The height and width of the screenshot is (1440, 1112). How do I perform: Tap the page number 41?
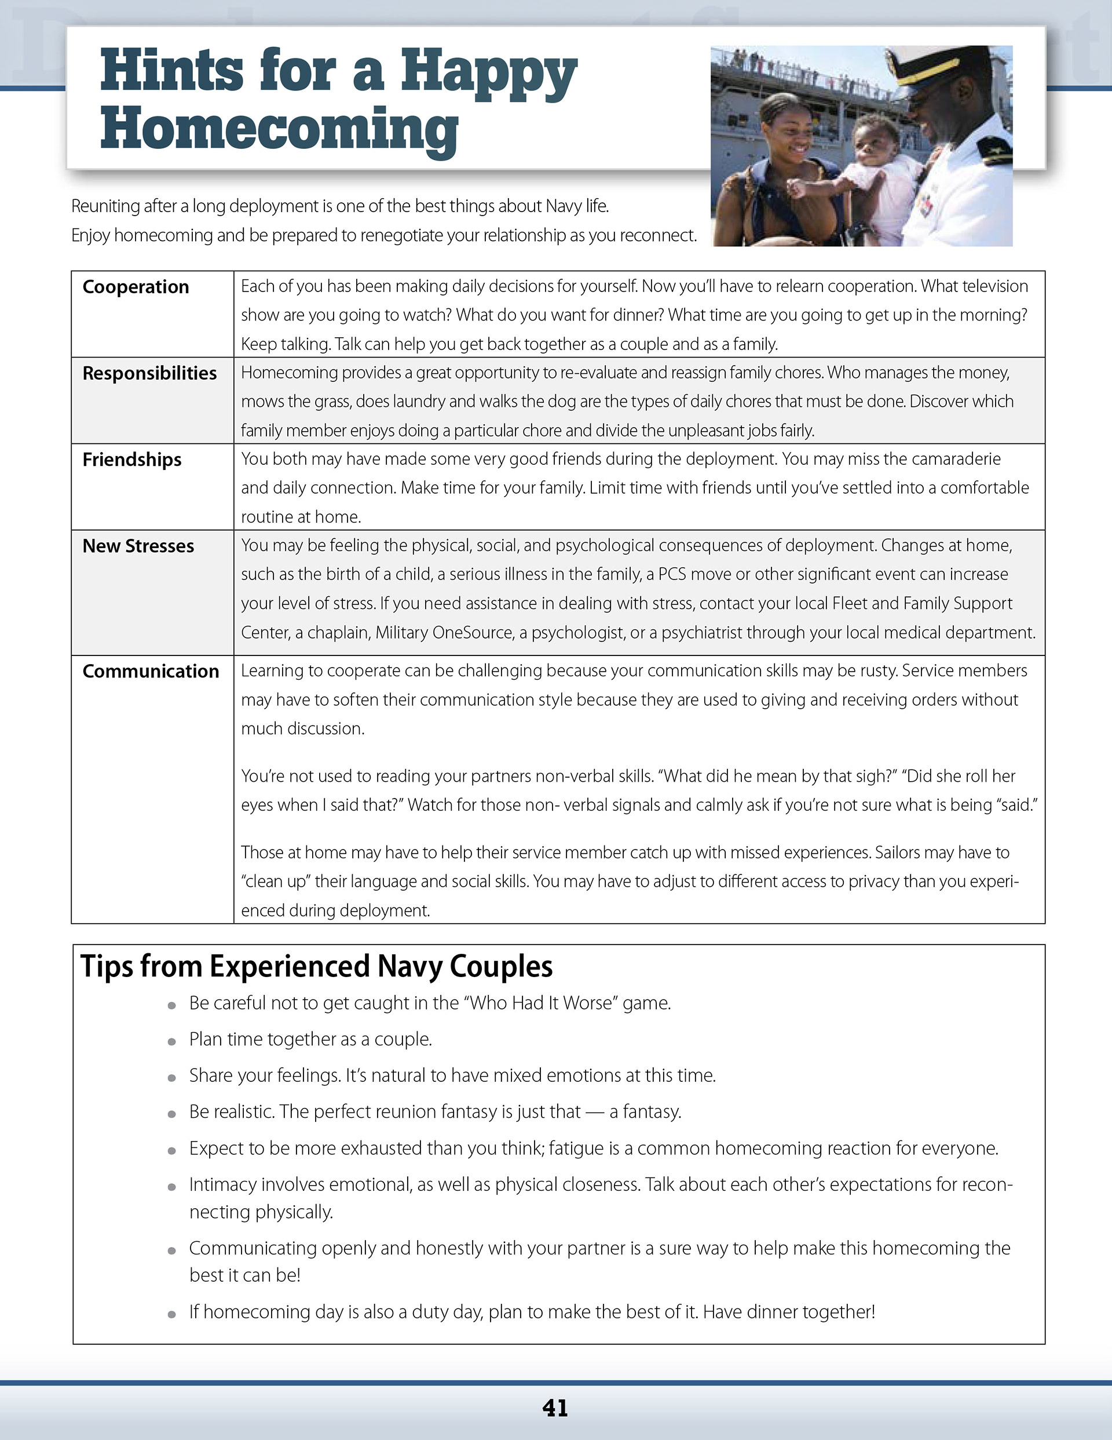(555, 1408)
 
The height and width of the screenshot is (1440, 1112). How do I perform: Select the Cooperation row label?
(136, 287)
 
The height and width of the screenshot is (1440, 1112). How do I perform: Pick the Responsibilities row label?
(149, 373)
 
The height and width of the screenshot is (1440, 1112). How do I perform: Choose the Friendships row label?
(132, 460)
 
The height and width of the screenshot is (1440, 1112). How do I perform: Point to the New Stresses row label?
(138, 546)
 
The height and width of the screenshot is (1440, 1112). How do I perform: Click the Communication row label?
(151, 671)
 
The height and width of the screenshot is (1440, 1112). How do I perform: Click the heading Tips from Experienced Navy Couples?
(316, 967)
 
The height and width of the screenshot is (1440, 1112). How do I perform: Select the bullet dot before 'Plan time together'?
(172, 1042)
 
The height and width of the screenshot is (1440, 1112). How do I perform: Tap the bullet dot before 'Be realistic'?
(172, 1114)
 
